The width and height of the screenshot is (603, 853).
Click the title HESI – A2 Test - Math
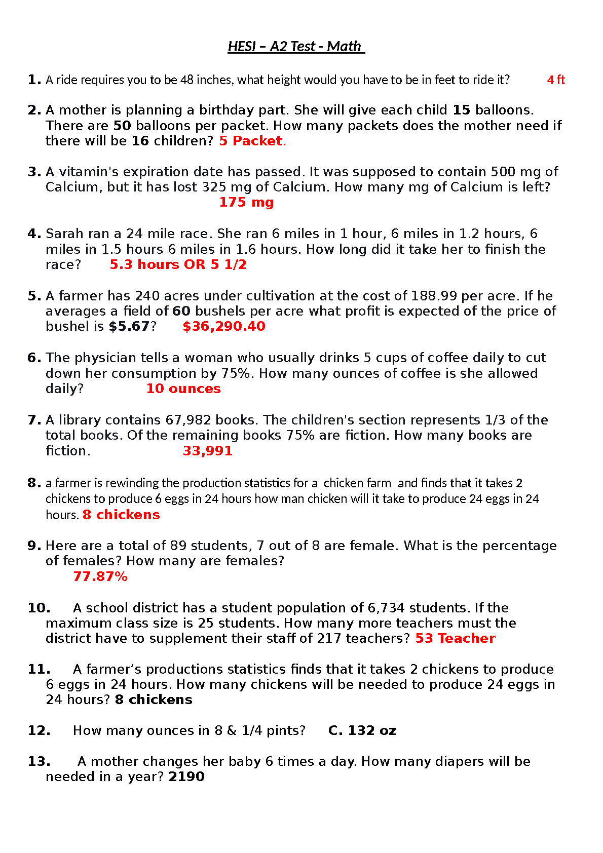[296, 47]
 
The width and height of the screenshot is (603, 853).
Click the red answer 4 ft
[556, 80]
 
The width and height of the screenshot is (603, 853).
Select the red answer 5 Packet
[252, 141]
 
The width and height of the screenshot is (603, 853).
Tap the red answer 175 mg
[246, 202]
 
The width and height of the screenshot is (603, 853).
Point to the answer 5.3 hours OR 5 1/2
[178, 264]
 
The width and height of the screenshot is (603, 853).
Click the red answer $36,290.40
[224, 326]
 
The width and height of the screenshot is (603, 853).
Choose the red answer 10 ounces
[183, 389]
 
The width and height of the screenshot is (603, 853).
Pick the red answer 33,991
[207, 451]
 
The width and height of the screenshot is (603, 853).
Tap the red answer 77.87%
[100, 576]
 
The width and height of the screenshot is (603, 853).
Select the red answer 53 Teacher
[455, 638]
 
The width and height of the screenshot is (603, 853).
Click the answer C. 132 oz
[362, 730]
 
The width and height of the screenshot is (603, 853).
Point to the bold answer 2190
[186, 777]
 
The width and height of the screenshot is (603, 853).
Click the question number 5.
[34, 296]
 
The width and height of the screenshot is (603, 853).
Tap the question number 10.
[39, 608]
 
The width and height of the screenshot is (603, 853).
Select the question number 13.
[39, 761]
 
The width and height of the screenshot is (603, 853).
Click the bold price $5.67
[129, 326]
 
